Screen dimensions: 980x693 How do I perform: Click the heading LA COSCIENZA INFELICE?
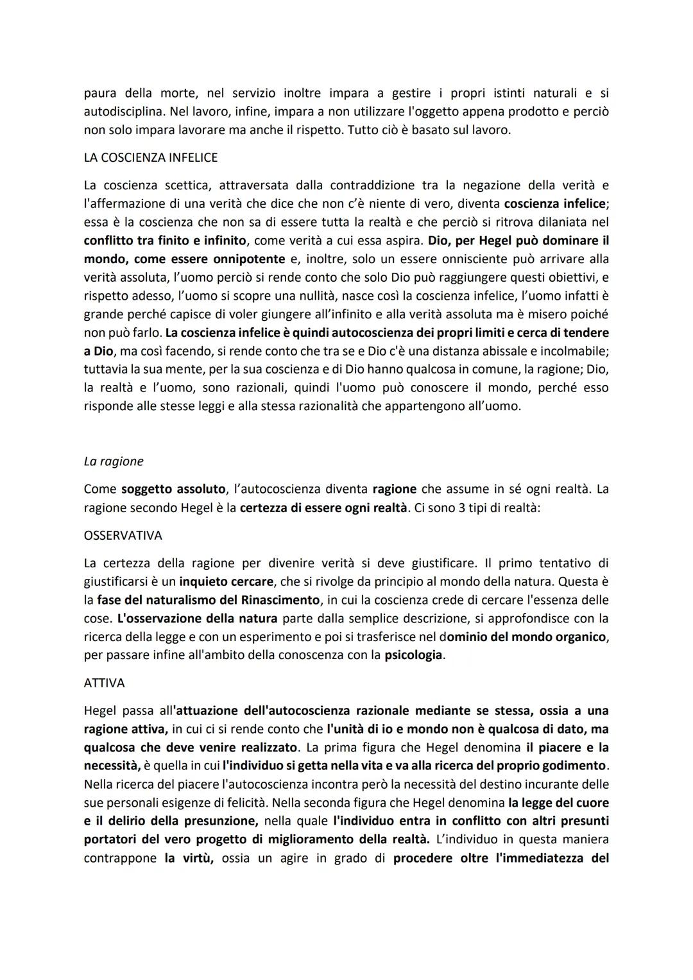[151, 157]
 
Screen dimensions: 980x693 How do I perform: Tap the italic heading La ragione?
[114, 461]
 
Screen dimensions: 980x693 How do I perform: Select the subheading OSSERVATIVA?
[123, 535]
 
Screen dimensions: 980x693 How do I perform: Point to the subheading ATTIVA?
[104, 683]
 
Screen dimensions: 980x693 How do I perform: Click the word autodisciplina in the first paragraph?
[122, 112]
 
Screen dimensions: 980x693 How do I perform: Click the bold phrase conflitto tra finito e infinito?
[165, 241]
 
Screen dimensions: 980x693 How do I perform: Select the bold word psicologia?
[413, 656]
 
